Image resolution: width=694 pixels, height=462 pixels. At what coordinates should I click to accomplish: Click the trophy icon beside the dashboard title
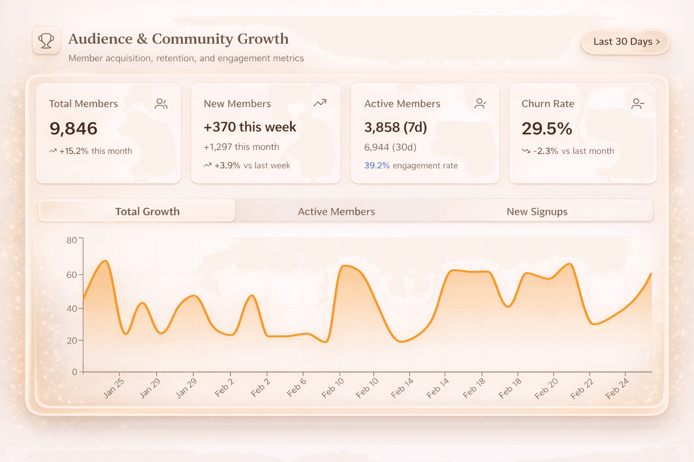point(46,41)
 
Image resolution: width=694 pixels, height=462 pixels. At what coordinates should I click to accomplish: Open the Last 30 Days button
point(625,42)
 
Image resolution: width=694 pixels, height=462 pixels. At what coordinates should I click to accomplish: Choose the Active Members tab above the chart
point(336,211)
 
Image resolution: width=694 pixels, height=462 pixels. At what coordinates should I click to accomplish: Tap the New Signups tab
point(537,211)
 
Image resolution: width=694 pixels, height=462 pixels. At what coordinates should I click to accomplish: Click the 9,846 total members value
point(73,129)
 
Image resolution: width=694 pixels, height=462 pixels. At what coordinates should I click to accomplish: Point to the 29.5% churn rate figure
point(547,129)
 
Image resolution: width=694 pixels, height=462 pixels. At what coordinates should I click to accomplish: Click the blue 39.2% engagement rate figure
point(377,166)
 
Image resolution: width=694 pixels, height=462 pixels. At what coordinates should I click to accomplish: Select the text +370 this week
point(250,127)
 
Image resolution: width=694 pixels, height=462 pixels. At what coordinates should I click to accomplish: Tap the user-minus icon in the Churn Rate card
point(638,104)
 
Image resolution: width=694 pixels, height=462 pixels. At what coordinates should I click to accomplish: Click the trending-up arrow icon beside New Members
point(320,103)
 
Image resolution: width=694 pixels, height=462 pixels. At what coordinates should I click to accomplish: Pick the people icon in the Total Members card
point(161,104)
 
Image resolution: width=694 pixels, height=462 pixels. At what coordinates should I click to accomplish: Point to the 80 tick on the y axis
point(71,240)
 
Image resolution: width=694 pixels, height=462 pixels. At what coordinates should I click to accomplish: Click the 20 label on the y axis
point(71,341)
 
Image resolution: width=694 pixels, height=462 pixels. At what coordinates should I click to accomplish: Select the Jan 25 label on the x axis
point(113,388)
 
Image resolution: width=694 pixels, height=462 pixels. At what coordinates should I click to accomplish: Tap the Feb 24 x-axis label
point(617,388)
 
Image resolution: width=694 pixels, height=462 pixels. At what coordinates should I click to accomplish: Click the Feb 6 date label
point(296,388)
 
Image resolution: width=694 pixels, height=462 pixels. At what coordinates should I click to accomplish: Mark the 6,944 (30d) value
point(390,147)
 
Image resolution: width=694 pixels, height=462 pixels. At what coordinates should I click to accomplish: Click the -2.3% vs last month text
point(573,151)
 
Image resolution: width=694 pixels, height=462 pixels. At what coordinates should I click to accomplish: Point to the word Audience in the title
point(100,39)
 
